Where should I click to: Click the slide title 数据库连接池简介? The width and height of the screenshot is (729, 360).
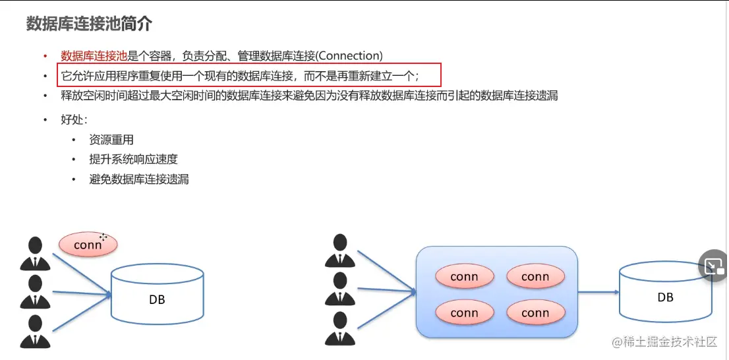click(89, 24)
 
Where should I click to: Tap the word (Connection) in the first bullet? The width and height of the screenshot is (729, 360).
click(349, 56)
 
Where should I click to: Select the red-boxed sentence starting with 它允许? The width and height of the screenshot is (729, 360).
click(240, 76)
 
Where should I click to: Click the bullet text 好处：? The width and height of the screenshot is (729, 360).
click(74, 120)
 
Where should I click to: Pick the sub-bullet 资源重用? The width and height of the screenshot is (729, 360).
click(111, 140)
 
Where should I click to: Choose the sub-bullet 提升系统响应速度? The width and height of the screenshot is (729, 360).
click(134, 159)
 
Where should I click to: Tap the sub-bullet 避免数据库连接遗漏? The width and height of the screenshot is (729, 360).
click(139, 179)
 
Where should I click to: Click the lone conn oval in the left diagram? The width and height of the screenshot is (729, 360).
click(88, 245)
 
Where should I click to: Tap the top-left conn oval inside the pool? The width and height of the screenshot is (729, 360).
click(464, 277)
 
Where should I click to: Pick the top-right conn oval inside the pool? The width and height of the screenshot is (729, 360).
click(535, 277)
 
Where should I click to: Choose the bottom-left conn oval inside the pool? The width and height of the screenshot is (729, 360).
click(464, 313)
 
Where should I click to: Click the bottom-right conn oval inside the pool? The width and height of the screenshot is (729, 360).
click(535, 313)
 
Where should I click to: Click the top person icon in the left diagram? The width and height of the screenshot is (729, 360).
click(36, 253)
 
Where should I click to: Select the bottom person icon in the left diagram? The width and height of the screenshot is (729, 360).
click(36, 332)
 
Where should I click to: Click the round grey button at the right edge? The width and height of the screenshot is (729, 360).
click(713, 266)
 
